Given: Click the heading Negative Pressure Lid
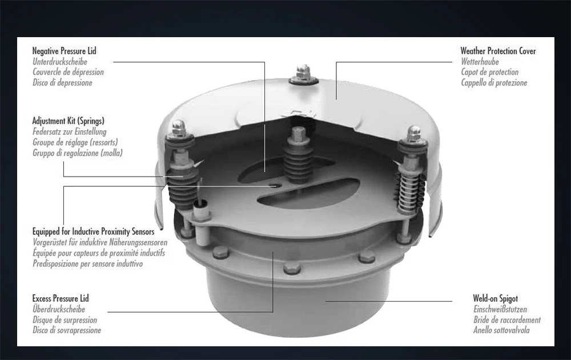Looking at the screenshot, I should (64, 51).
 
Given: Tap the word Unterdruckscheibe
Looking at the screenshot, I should (61, 62).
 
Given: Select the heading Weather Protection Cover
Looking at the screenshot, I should (498, 51).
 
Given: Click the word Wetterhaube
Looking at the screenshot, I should (480, 62).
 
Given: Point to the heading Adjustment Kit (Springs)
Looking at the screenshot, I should (68, 121).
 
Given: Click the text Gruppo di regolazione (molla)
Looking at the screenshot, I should (77, 153).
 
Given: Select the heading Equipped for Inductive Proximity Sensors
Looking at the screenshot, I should (93, 231).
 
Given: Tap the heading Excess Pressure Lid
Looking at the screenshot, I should (61, 298).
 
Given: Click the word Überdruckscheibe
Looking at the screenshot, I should (59, 309).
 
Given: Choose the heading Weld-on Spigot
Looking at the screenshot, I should (495, 298).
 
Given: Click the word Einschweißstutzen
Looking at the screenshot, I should (500, 309).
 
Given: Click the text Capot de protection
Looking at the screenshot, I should (489, 73).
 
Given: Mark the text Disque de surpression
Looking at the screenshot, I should (65, 320).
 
